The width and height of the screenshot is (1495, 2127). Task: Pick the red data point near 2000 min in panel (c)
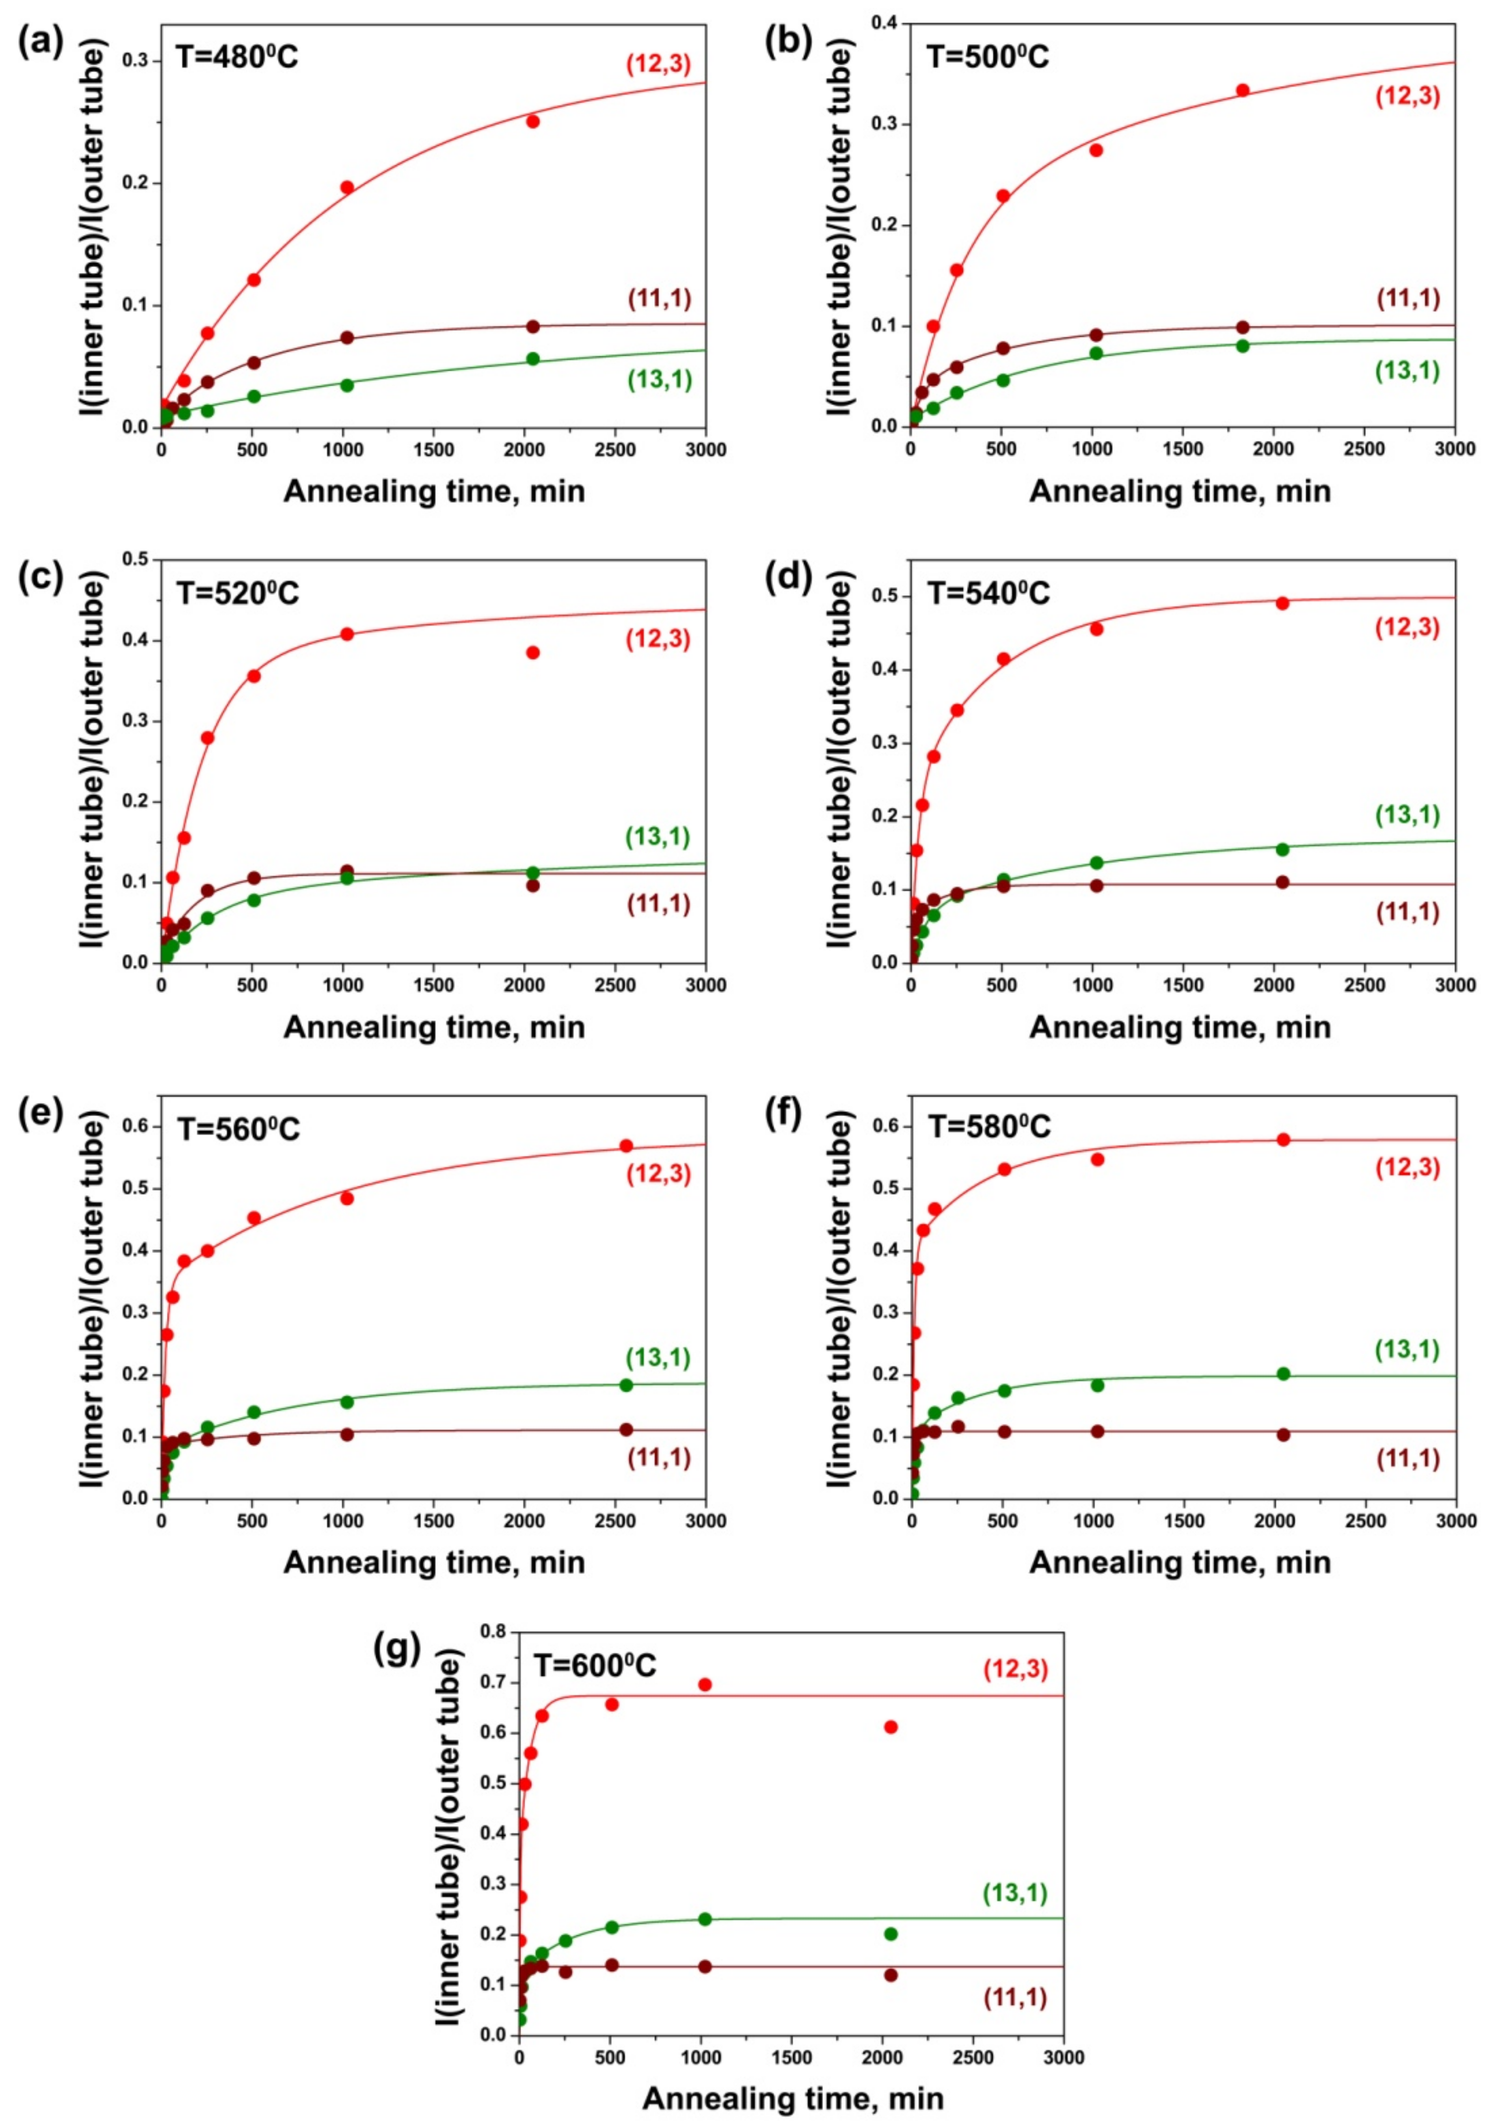533,652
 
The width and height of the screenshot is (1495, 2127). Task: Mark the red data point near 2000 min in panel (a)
533,121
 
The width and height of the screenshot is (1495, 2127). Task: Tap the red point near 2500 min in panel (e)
626,1146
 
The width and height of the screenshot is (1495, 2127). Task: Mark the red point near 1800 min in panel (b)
1243,90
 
